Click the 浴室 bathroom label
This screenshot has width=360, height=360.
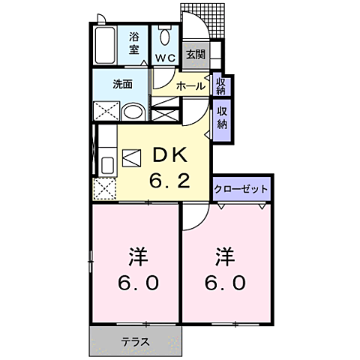pos(134,43)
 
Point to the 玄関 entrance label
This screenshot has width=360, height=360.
pos(195,54)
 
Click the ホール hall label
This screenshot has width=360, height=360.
pos(190,86)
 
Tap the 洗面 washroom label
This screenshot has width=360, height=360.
pos(122,84)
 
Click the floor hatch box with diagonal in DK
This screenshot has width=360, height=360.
pos(131,160)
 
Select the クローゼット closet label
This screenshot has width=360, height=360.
pos(241,188)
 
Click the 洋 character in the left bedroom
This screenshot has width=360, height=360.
pos(137,257)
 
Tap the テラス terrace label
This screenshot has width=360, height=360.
pos(136,342)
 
